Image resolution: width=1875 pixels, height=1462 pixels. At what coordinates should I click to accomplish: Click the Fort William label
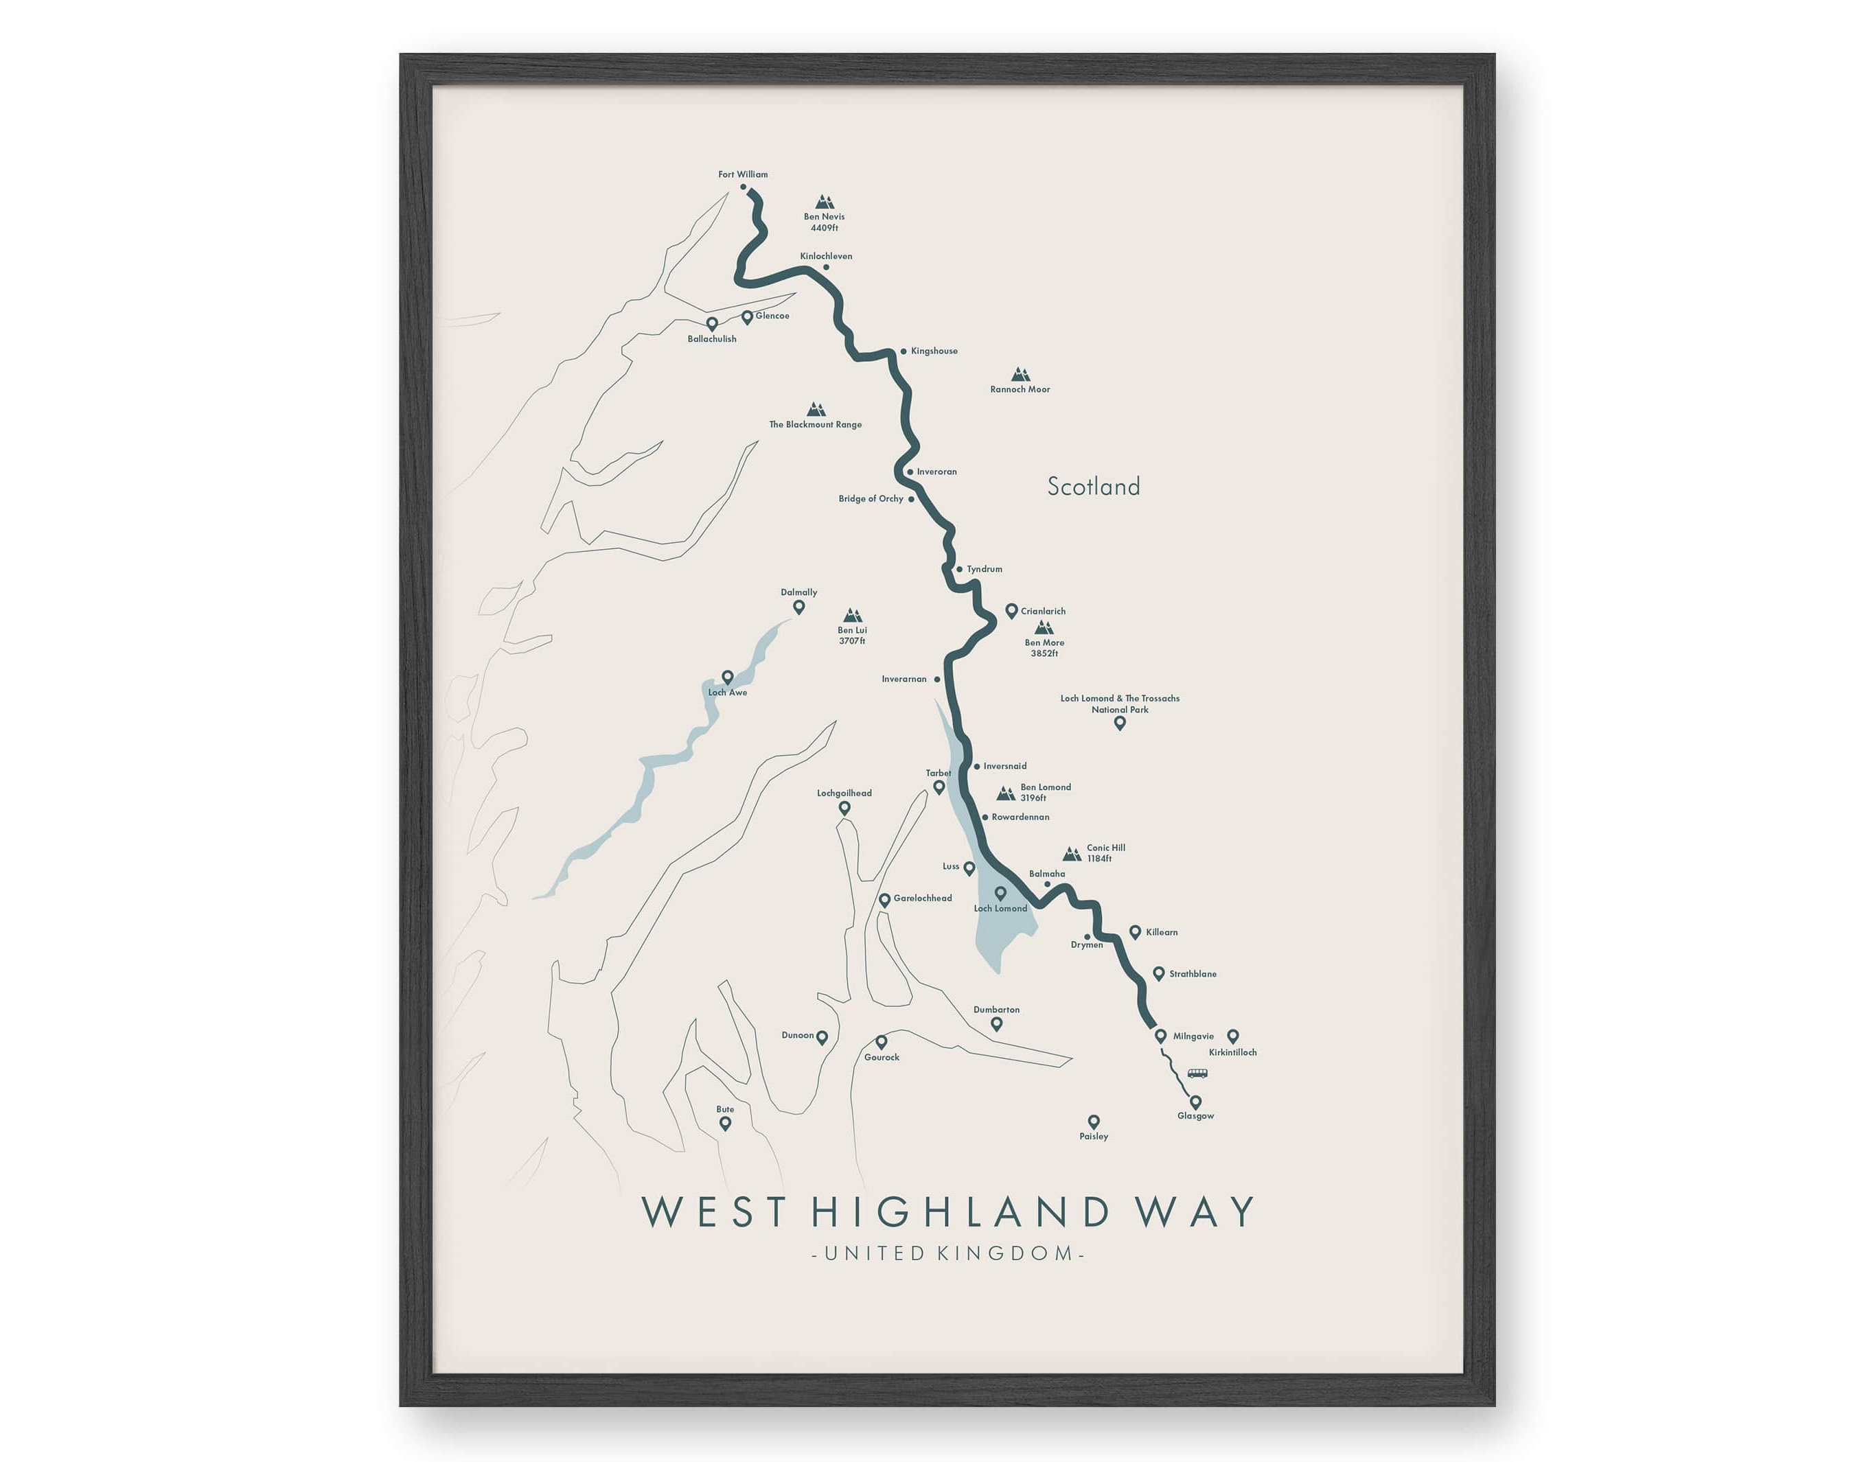coord(743,174)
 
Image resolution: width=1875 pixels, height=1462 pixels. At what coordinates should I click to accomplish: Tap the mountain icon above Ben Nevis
coord(824,202)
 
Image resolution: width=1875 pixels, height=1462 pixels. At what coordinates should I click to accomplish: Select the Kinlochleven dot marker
coord(826,267)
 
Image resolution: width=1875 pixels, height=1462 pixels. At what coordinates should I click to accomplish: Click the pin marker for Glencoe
coord(747,317)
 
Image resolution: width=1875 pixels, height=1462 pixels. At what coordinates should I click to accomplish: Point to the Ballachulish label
coord(712,339)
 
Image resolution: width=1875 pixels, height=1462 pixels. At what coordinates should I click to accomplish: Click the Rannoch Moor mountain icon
coord(1020,374)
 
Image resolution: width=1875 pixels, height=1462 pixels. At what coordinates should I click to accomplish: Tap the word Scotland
coord(1094,487)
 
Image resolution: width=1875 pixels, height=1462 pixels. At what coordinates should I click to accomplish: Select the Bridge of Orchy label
coord(871,499)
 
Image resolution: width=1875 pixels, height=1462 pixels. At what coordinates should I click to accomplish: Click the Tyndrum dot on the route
coord(959,569)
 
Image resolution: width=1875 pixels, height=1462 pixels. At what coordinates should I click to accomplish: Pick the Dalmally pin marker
coord(798,607)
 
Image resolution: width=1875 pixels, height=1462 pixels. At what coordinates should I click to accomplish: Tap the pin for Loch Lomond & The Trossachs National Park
coord(1120,723)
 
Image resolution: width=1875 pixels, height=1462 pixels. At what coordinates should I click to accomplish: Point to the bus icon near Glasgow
coord(1197,1073)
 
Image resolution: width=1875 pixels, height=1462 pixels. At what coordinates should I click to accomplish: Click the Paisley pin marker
coord(1094,1121)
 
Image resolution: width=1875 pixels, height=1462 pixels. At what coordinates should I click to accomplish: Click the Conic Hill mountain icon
coord(1072,854)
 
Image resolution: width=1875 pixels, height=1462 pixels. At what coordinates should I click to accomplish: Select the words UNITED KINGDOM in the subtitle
coord(948,1253)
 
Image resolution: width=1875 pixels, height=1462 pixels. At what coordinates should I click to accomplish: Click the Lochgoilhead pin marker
coord(844,808)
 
